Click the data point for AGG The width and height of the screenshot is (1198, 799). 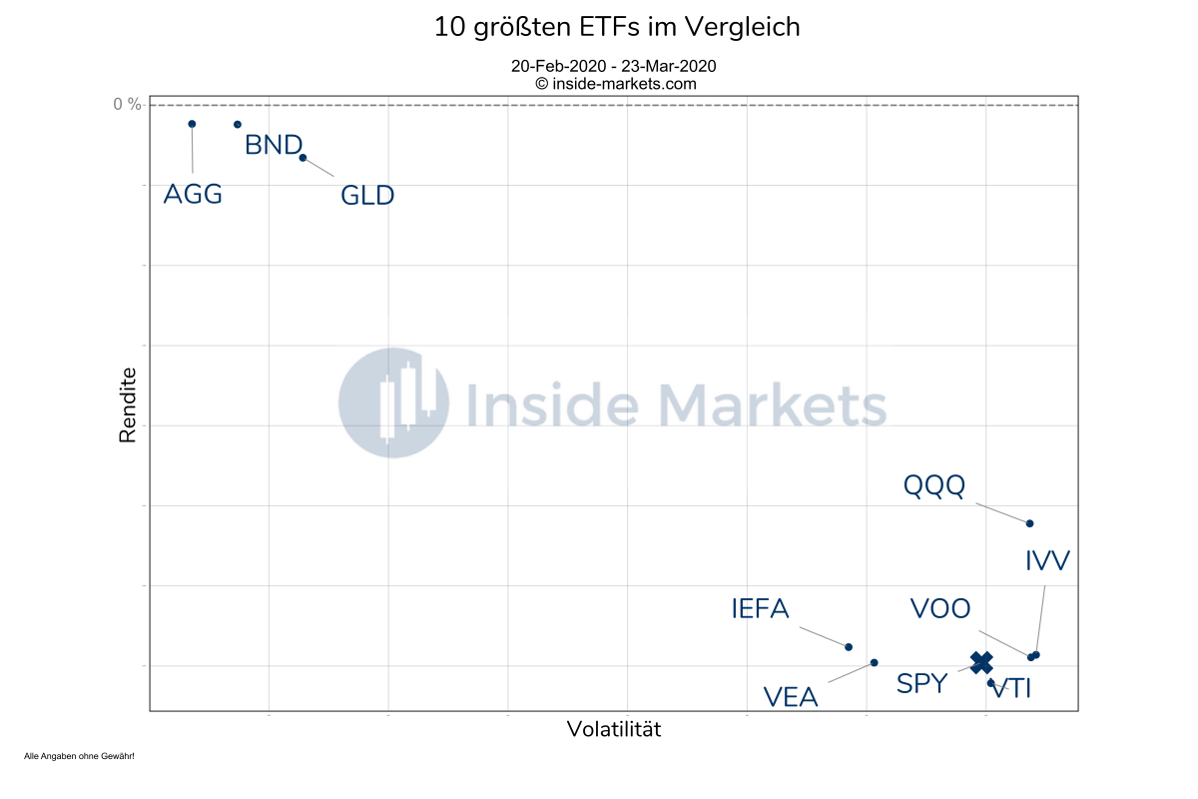[x=192, y=124]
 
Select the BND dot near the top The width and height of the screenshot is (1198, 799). [x=238, y=124]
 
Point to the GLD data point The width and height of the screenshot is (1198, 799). [x=302, y=157]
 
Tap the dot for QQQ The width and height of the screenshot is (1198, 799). [x=1029, y=523]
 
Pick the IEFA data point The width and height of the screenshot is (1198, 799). [x=849, y=647]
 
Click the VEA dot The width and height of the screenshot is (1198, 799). [x=875, y=662]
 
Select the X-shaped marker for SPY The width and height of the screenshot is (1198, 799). [x=981, y=661]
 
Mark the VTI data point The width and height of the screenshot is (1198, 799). [x=991, y=683]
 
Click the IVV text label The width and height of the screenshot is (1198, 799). [x=1047, y=561]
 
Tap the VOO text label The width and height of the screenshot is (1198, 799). [x=940, y=608]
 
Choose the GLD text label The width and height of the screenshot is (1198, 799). [x=367, y=196]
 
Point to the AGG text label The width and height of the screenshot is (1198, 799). [x=193, y=194]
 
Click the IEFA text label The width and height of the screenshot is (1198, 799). [x=760, y=608]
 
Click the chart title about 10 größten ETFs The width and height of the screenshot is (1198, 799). [x=617, y=28]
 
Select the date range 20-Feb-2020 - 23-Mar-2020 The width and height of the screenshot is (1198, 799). [x=614, y=66]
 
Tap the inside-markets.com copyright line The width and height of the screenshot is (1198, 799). [x=616, y=84]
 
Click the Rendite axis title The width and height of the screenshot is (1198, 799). [x=128, y=405]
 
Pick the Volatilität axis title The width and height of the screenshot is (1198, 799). [x=614, y=729]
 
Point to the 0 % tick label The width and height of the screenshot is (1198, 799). [x=127, y=104]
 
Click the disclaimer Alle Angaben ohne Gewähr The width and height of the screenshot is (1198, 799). [x=79, y=756]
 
